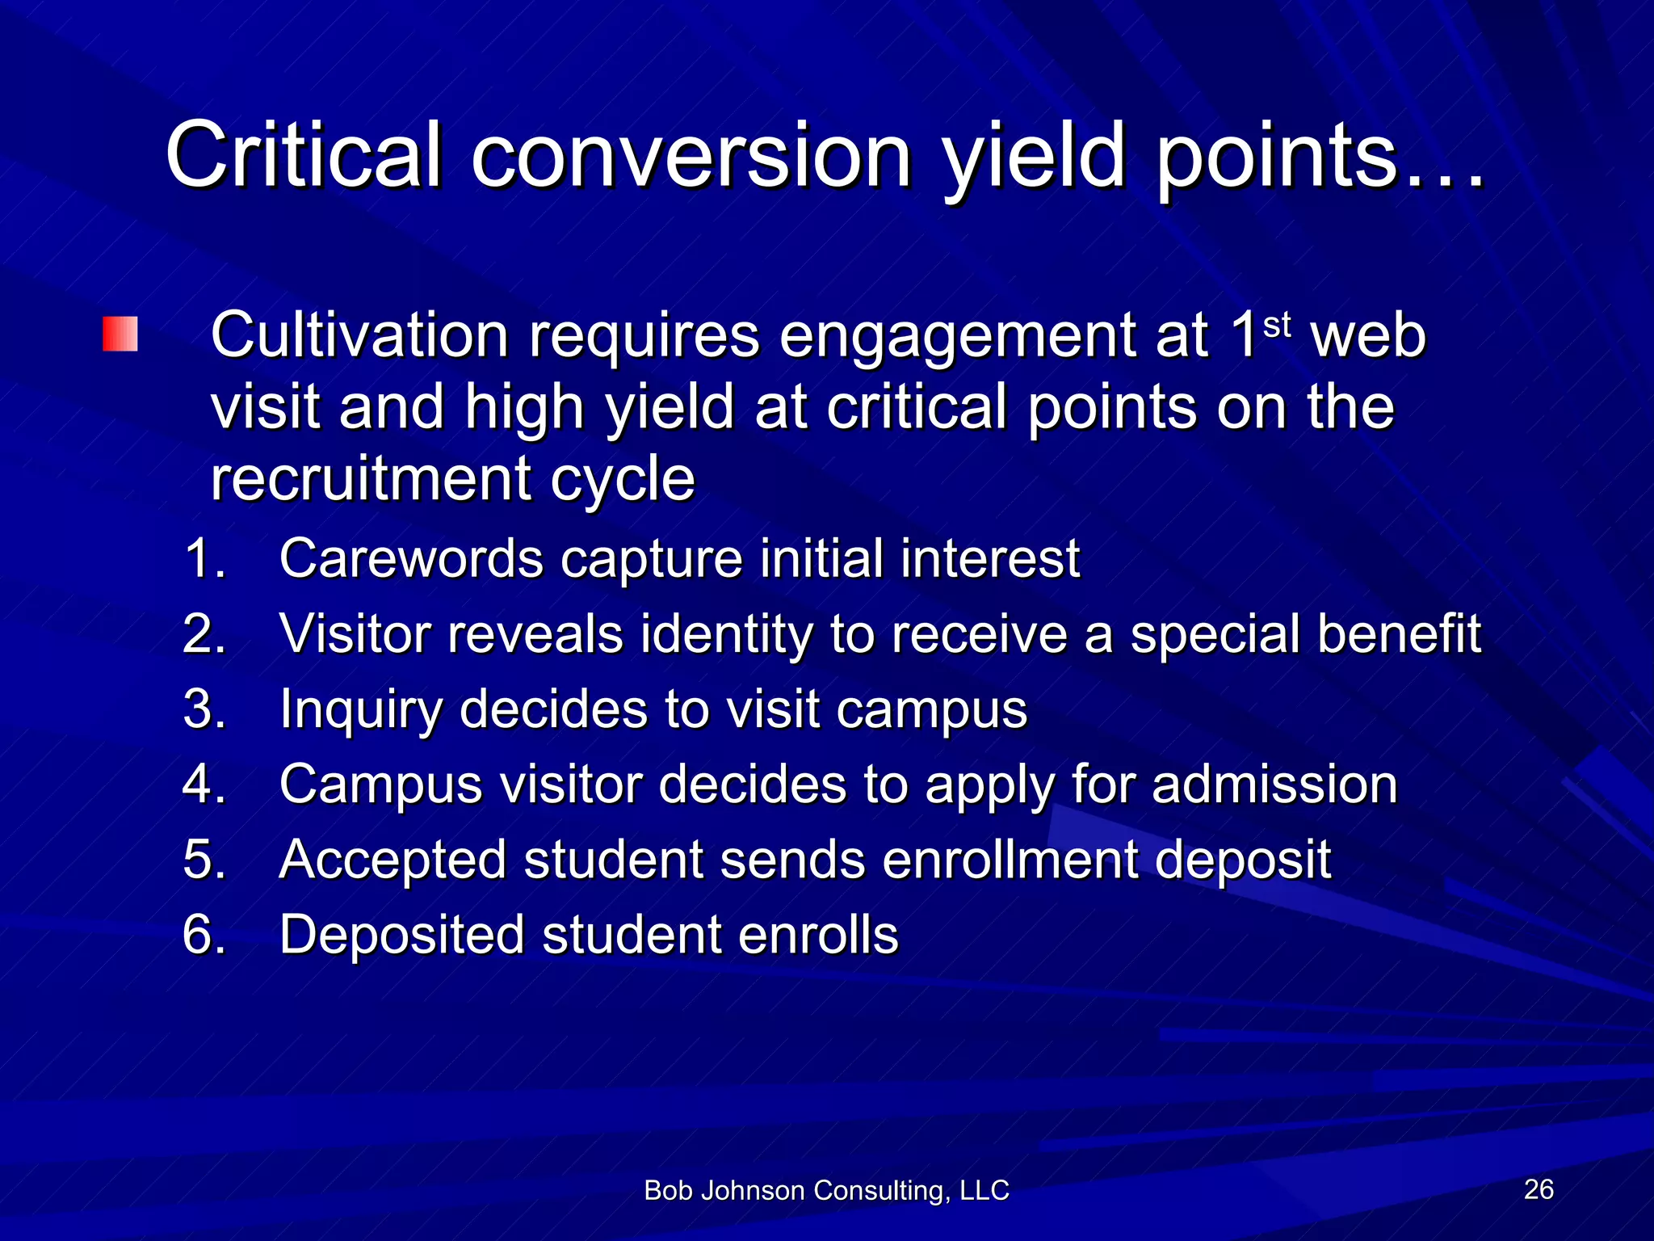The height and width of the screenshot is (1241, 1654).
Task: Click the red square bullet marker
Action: [x=120, y=334]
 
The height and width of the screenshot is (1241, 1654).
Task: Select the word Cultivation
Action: [x=359, y=335]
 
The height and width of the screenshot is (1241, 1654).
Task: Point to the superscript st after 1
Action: [x=1276, y=325]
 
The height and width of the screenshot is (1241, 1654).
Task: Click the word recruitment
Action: [x=370, y=478]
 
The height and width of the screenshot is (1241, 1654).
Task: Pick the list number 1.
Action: [x=204, y=558]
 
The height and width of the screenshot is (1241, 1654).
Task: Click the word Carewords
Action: [x=410, y=558]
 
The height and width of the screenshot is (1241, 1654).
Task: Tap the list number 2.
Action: [x=204, y=633]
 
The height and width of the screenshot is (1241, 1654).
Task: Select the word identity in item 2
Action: [x=726, y=635]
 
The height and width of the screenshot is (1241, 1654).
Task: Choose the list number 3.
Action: [x=204, y=709]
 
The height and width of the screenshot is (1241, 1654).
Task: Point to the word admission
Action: [x=1274, y=785]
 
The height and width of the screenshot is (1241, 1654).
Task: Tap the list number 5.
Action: [x=204, y=859]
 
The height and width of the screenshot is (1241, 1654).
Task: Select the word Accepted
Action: [x=393, y=860]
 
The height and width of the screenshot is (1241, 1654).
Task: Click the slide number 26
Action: [x=1539, y=1189]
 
